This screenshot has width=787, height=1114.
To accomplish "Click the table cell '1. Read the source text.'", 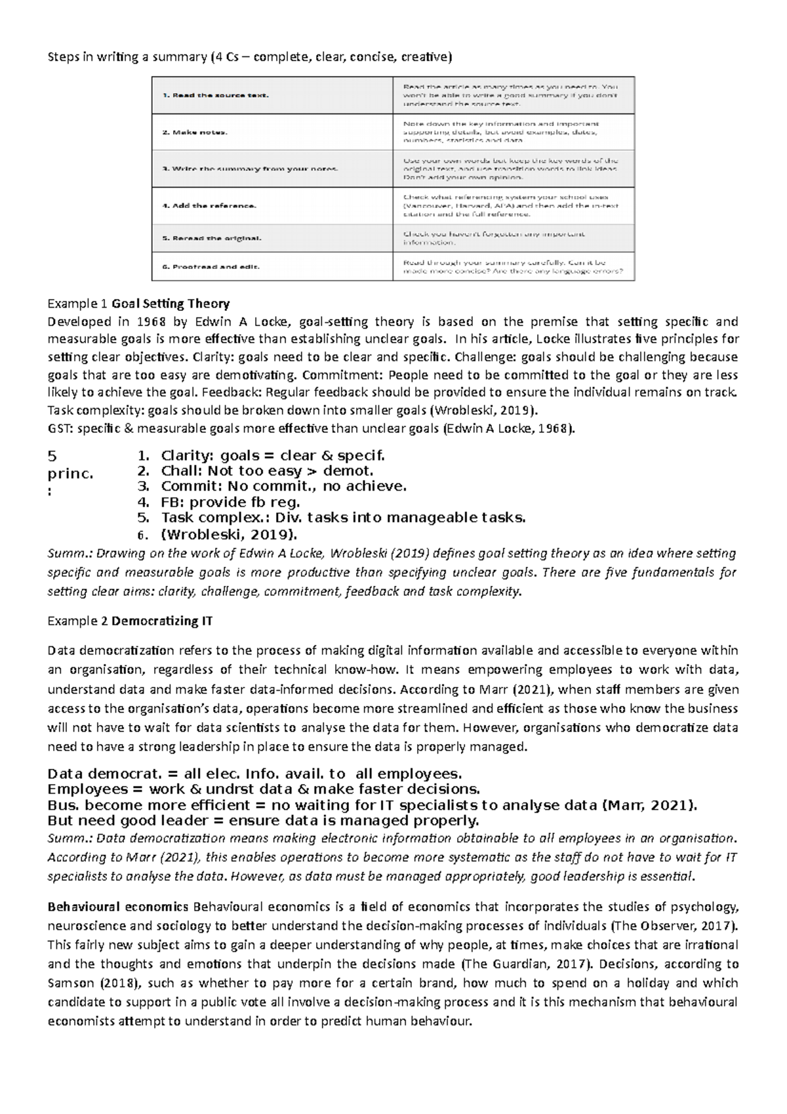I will click(x=216, y=95).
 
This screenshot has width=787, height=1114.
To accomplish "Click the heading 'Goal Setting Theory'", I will click(x=171, y=304).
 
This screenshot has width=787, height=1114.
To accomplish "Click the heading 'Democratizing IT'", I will click(x=162, y=621).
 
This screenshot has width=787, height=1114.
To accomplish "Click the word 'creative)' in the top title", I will click(x=428, y=57).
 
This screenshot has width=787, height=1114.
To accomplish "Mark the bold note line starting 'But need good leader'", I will click(x=264, y=821).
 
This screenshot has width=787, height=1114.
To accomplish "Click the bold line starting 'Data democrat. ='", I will click(x=255, y=773).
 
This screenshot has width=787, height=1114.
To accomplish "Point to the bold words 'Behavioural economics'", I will click(x=118, y=907).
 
